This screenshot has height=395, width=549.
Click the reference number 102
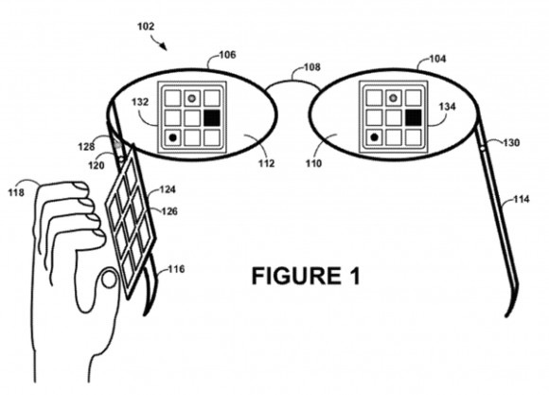(x=146, y=27)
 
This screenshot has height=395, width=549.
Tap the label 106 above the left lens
(x=227, y=55)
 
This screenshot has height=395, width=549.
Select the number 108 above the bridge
(x=311, y=66)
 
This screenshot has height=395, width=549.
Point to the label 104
(x=437, y=59)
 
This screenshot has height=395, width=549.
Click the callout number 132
(x=140, y=102)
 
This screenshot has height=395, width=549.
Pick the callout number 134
(x=448, y=106)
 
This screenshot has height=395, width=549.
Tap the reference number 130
(x=511, y=143)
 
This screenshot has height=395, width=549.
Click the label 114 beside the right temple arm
(x=522, y=199)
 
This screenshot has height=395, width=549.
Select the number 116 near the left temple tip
(x=176, y=269)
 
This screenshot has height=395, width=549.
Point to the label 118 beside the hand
(x=16, y=192)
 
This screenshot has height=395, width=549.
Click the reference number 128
(x=86, y=147)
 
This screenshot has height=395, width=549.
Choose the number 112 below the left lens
(x=266, y=163)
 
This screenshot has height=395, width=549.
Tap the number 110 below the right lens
(x=313, y=163)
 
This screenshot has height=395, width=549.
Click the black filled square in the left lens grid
(x=211, y=117)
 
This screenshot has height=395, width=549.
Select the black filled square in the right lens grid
(x=413, y=117)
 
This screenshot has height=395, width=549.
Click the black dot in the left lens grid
(x=172, y=137)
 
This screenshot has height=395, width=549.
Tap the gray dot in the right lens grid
(x=393, y=98)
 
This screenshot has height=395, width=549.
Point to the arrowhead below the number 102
(x=163, y=45)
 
